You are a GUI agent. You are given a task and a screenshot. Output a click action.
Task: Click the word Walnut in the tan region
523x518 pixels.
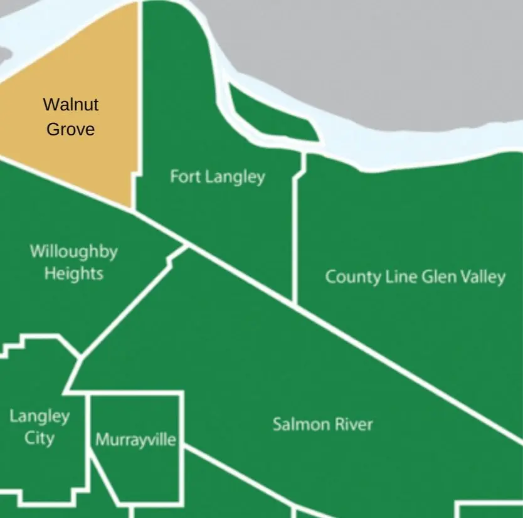[x=70, y=104]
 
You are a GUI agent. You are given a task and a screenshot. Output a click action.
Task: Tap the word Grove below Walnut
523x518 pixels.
[x=71, y=129]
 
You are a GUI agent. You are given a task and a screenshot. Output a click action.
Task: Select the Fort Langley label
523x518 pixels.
[x=218, y=177]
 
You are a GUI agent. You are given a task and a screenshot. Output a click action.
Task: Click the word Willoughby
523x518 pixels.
[x=73, y=252]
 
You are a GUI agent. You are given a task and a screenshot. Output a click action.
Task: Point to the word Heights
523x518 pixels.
[x=73, y=274]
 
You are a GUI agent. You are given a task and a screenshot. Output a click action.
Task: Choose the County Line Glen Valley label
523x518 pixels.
[x=415, y=277]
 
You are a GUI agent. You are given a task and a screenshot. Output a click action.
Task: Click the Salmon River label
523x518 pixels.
[x=322, y=425]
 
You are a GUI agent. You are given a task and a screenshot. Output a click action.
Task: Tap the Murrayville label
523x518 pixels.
[x=135, y=440]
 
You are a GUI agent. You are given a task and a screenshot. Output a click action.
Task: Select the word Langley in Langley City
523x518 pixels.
[x=40, y=416]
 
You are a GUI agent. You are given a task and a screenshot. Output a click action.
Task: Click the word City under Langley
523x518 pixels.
[x=40, y=438]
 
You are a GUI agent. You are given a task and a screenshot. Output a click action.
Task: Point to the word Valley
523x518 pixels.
[x=480, y=277]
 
